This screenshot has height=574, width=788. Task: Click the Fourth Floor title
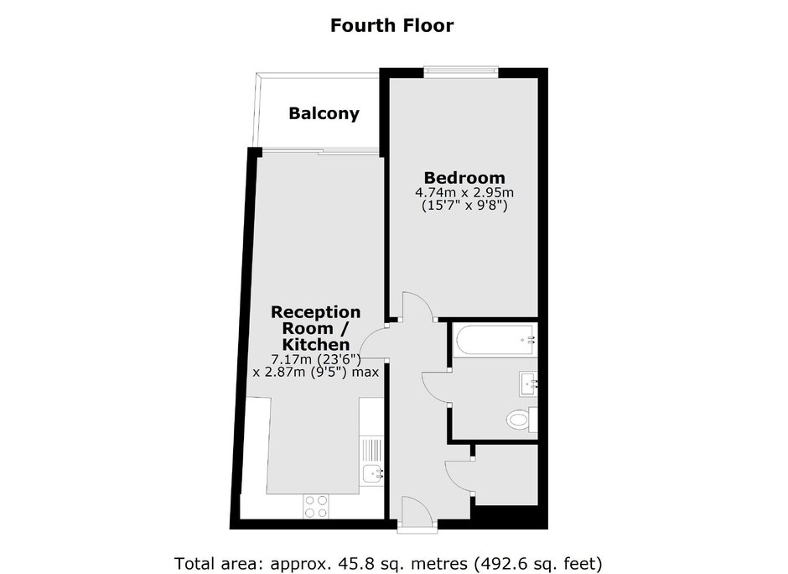coord(391,25)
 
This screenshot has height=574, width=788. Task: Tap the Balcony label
coord(324,113)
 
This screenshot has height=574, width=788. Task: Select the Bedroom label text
coord(464,178)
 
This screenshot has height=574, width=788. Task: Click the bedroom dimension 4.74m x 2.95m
coord(464,192)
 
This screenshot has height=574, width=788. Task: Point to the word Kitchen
coord(315,345)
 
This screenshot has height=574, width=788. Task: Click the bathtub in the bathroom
coord(495,341)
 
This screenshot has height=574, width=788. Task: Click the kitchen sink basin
coord(372,473)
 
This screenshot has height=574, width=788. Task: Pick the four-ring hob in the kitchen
coord(315,507)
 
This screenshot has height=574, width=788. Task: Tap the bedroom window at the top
coord(461,73)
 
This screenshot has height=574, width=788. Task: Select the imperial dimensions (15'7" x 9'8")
coord(464,206)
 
